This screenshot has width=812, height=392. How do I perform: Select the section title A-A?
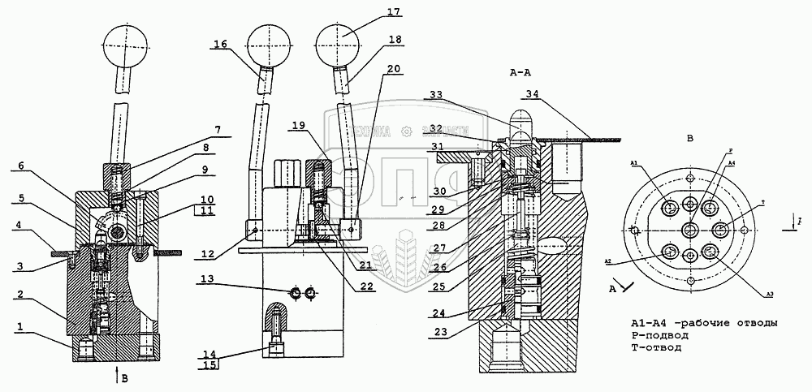(x=520, y=72)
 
